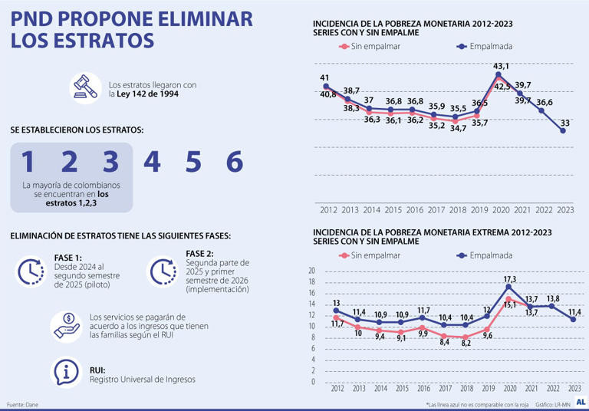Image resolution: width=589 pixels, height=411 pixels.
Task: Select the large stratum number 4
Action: click(152, 161)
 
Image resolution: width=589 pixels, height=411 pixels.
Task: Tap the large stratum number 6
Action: click(234, 161)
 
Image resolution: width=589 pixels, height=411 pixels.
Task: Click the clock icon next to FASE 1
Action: click(31, 271)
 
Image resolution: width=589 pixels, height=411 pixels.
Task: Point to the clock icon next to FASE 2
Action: click(163, 271)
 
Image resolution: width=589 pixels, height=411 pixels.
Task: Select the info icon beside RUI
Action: click(67, 373)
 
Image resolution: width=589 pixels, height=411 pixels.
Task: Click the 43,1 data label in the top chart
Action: click(501, 66)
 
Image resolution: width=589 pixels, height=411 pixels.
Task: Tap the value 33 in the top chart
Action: click(564, 123)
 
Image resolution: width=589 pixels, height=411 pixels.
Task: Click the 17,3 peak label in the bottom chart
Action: click(508, 280)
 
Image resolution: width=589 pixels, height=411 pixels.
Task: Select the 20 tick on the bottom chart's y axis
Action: click(311, 271)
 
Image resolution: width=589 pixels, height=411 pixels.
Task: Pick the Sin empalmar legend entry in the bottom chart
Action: click(367, 256)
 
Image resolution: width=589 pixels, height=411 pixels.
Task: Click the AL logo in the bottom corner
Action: click(581, 402)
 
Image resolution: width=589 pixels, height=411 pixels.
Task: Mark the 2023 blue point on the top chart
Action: click(564, 131)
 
